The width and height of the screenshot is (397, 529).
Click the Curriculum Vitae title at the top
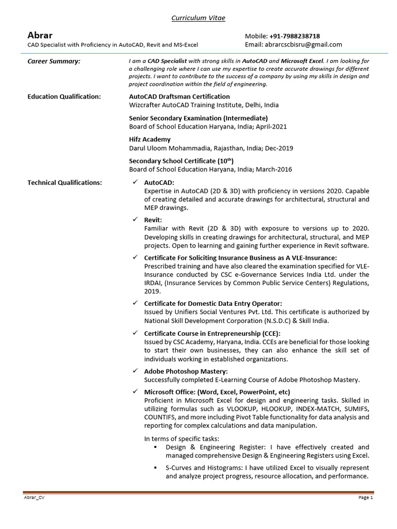point(198,19)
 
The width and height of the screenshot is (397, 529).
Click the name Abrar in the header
point(40,36)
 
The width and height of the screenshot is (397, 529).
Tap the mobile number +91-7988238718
point(294,36)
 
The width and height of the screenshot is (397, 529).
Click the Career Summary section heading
point(54,61)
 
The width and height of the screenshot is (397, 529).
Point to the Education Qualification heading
point(64,96)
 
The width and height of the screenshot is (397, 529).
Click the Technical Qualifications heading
point(65,182)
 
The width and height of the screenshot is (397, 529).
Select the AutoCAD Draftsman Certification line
point(179,96)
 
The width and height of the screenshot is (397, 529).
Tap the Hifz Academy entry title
point(149,139)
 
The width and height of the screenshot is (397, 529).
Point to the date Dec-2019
point(279,148)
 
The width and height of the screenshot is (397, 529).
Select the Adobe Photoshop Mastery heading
point(186,371)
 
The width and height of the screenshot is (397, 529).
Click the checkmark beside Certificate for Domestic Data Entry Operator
point(134,303)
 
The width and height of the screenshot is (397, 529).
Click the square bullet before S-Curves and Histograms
point(156,468)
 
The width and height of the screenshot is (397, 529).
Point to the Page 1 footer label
point(364,497)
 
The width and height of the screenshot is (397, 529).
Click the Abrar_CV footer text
point(35,497)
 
